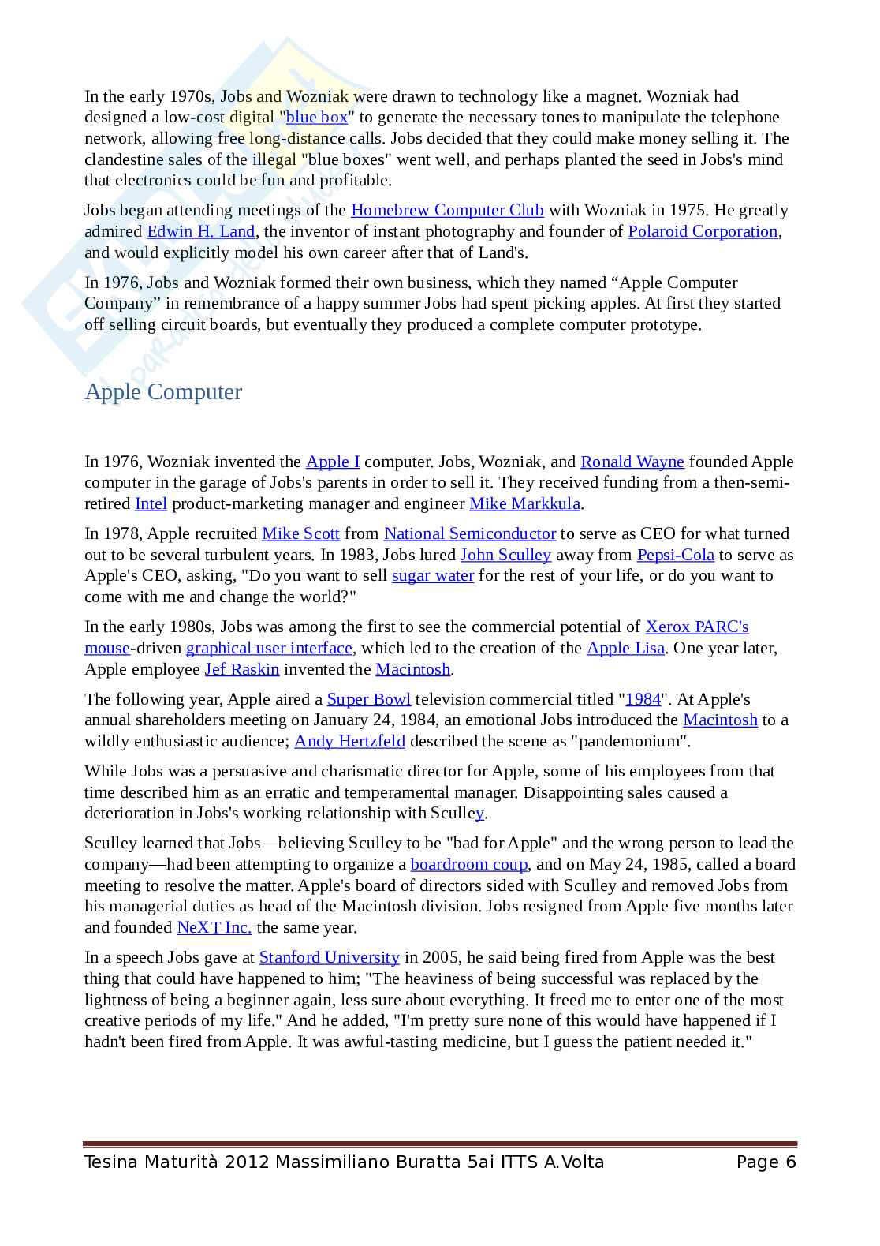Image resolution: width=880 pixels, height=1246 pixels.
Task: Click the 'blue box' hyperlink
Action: pos(316,118)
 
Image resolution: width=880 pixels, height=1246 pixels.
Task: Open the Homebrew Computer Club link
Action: pos(447,211)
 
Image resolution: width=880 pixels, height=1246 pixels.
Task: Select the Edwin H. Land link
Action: pos(200,232)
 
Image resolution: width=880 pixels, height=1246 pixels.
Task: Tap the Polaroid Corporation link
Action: pos(703,232)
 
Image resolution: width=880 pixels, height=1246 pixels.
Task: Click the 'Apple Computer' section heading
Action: pos(163,392)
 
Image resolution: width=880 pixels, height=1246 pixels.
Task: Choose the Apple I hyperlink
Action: pos(333,462)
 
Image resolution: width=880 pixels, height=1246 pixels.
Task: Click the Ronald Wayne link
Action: pos(632,462)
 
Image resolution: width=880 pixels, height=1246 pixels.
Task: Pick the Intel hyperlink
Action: pos(151,504)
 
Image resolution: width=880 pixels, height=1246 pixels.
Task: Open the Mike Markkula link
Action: pos(524,504)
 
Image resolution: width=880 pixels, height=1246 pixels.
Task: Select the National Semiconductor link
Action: pos(470,534)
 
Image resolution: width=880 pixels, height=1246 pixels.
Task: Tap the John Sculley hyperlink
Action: pos(505,556)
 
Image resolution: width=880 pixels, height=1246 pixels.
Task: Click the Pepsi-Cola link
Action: pos(676,556)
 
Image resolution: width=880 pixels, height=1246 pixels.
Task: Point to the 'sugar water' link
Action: pos(433,576)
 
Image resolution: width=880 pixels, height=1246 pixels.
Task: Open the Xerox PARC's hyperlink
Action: pos(697,627)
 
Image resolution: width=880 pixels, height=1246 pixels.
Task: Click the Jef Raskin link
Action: pos(242,670)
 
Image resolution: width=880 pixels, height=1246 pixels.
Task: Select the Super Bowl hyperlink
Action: pos(369,700)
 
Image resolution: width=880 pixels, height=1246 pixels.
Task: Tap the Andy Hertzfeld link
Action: pos(349,742)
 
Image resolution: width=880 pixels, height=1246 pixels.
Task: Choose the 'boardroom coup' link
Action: pos(469,865)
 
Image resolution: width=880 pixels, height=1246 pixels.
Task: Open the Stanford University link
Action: pos(329,958)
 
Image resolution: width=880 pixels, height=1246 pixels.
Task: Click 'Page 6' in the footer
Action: pos(766,1162)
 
